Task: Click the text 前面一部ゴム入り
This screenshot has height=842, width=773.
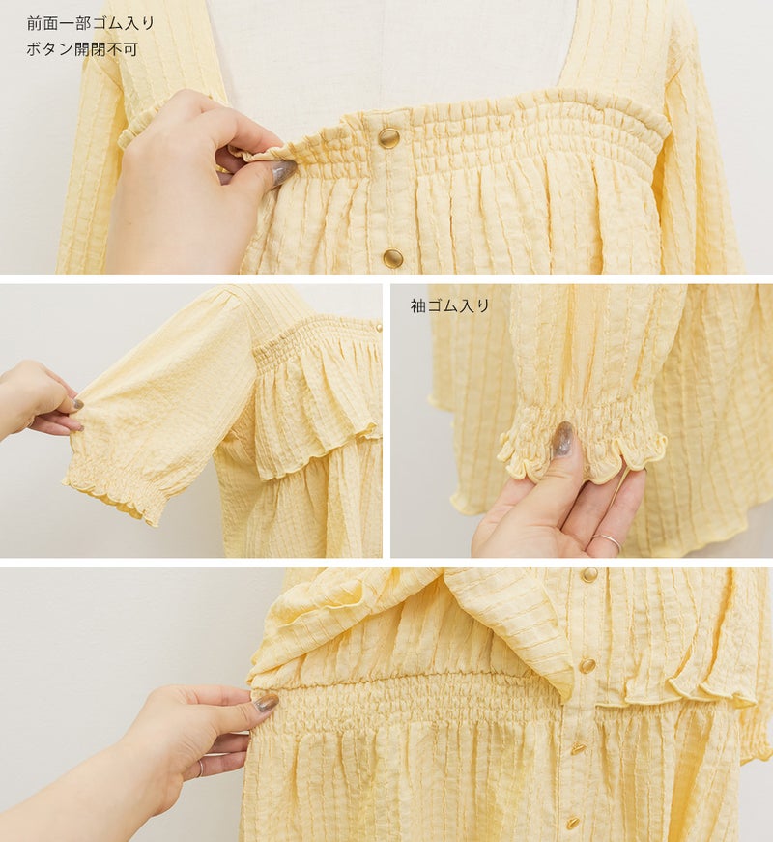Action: click(x=90, y=24)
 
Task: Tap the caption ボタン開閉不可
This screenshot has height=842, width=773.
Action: click(x=82, y=49)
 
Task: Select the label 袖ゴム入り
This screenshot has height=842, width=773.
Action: click(x=450, y=306)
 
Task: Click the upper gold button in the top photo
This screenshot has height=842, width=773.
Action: click(x=388, y=138)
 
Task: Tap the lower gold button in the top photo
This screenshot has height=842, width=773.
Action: click(x=393, y=258)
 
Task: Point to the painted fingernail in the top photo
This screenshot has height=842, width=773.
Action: click(x=282, y=172)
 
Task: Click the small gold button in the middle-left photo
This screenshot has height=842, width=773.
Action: click(x=378, y=327)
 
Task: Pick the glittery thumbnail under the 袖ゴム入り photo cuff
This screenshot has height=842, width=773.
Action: click(x=562, y=437)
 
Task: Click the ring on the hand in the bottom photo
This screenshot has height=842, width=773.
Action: click(x=200, y=769)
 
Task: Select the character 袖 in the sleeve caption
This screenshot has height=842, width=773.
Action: click(x=418, y=306)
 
